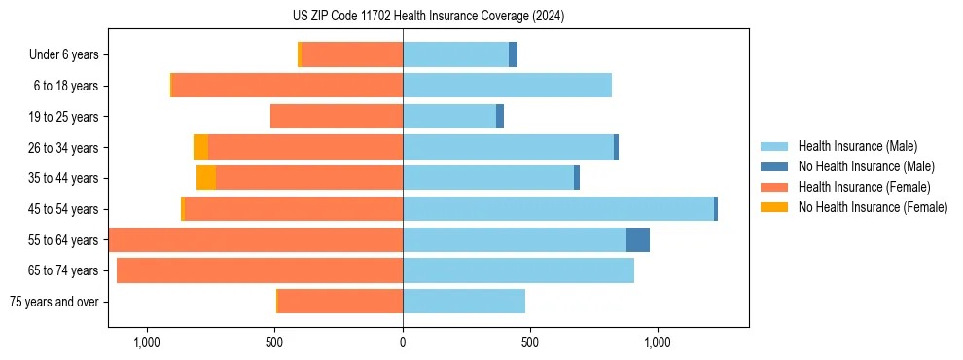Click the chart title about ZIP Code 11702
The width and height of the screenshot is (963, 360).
[428, 17]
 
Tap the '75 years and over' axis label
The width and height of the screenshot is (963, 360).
[54, 302]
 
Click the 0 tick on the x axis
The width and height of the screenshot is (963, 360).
[403, 342]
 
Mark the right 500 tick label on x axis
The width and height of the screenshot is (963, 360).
[530, 342]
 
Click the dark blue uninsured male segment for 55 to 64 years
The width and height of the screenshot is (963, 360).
[638, 240]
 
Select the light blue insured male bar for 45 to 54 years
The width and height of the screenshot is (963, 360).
[558, 209]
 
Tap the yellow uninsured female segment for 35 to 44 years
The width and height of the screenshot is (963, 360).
[206, 178]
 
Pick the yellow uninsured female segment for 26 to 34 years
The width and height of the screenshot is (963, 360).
[200, 147]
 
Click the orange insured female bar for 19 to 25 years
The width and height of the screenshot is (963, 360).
[337, 117]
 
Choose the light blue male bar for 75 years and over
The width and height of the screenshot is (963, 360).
[464, 302]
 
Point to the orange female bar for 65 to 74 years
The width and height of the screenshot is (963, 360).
[260, 270]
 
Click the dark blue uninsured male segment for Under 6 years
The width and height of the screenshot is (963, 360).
[513, 55]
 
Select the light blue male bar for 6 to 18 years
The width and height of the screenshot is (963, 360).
[507, 86]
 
